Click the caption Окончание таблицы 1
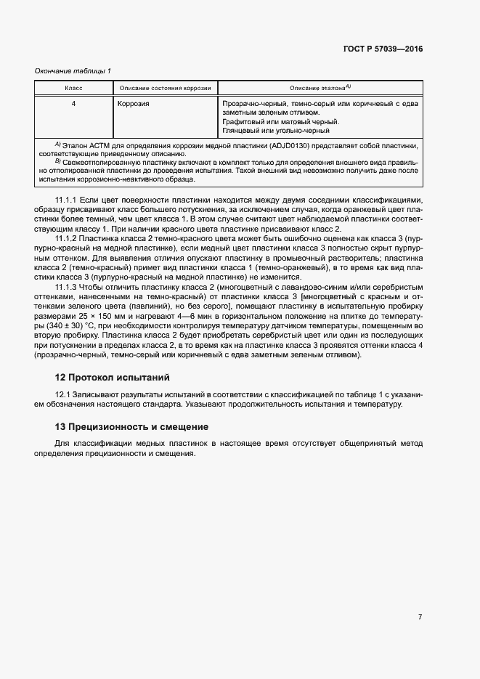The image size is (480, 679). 73,70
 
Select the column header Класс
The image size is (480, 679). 73,88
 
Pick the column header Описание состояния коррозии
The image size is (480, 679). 165,88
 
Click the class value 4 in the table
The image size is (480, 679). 73,104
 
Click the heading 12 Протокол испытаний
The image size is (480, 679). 112,378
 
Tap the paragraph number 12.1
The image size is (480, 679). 63,394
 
